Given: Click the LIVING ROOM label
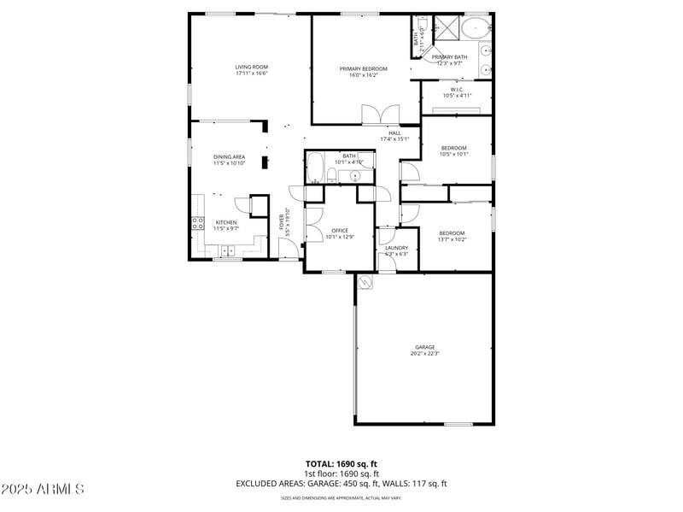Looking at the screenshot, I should pos(252,67).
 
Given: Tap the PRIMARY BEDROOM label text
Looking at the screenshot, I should pos(363,68).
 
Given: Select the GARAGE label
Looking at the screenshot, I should pos(425,347).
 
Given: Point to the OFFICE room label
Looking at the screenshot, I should pos(340,231).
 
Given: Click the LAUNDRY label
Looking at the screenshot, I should pos(396,248).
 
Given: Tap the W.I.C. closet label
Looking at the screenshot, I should pos(457,89).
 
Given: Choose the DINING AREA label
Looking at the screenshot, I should pos(229,156).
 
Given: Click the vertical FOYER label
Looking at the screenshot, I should pos(283,223).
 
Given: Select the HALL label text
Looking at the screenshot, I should pos(394,132).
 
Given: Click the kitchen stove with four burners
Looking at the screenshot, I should pos(197,225).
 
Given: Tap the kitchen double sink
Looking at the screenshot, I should pos(228,250).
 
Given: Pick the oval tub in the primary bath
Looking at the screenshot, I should pos(475,27).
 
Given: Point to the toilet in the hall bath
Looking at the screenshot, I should pos(332,176).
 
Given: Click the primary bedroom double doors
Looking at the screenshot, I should pos(381,115).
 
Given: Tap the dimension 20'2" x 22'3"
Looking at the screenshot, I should pos(425,353).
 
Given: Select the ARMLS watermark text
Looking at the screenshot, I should pos(43,489).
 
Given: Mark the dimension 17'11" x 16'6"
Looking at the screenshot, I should pos(252,74).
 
